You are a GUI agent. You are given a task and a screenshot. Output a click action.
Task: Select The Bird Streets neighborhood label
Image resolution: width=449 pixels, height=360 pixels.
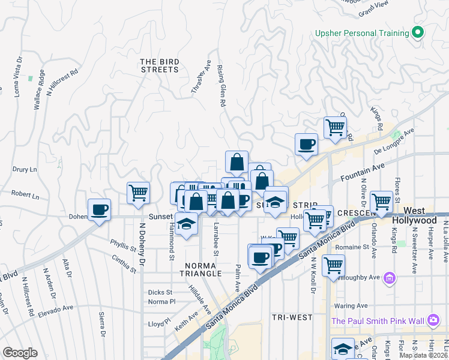tap(160, 65)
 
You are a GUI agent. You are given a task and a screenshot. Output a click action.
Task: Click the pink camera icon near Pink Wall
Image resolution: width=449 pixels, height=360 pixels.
tap(433, 321)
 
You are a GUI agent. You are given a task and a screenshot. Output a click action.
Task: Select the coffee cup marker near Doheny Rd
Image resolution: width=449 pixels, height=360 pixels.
tap(99, 209)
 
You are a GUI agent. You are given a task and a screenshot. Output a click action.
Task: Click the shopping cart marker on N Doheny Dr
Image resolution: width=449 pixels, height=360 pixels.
tap(138, 193)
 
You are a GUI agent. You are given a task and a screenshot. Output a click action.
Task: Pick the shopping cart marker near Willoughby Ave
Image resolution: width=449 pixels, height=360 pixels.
tap(333, 265)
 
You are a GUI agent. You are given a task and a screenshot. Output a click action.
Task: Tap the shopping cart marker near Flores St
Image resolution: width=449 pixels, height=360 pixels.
tap(381, 201)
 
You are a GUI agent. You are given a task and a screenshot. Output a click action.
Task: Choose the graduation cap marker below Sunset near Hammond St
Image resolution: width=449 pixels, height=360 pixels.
tap(187, 224)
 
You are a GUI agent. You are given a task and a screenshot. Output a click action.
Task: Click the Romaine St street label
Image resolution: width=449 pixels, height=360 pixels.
tap(351, 247)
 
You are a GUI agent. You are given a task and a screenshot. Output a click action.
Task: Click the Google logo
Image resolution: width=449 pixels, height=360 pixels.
tap(20, 353)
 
